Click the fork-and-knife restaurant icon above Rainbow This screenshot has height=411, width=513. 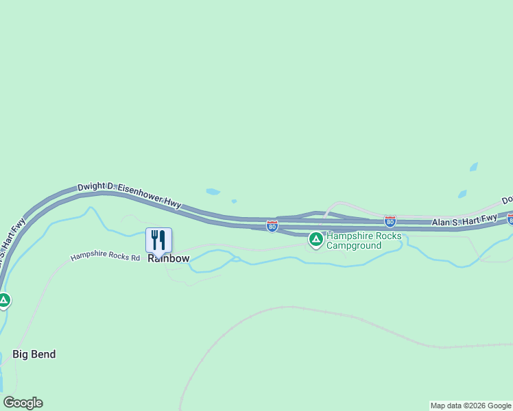click(x=158, y=240)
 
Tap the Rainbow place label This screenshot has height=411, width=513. click(x=169, y=259)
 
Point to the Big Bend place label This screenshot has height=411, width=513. click(x=34, y=354)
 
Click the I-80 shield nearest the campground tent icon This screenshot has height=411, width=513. click(x=272, y=225)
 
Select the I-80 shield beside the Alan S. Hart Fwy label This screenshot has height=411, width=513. click(x=390, y=221)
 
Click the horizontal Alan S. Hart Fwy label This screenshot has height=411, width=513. click(x=464, y=221)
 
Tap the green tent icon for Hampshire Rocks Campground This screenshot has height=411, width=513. click(x=315, y=239)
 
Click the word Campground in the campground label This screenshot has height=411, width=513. click(x=353, y=245)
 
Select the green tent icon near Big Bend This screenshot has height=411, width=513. click(x=4, y=299)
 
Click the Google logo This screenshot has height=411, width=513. click(x=23, y=403)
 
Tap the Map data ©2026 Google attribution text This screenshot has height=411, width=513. click(x=470, y=406)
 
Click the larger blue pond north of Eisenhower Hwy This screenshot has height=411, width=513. click(x=213, y=192)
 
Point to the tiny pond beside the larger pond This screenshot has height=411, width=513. click(x=234, y=201)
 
